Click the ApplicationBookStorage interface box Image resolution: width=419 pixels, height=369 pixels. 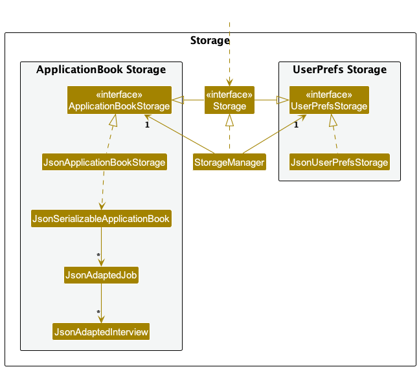click(x=119, y=100)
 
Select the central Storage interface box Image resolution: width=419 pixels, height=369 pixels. click(x=229, y=100)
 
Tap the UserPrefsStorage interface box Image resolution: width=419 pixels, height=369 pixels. click(x=329, y=100)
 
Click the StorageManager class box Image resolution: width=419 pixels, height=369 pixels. click(x=229, y=162)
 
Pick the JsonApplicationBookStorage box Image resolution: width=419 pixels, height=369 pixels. click(x=104, y=162)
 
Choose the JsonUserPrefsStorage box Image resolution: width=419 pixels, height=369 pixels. click(x=339, y=162)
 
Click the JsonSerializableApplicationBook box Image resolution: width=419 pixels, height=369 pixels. click(x=101, y=219)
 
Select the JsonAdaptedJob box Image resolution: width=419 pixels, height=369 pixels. click(x=101, y=275)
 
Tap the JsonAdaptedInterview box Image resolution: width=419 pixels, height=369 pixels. click(x=101, y=331)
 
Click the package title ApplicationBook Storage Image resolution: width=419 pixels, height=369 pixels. click(x=101, y=69)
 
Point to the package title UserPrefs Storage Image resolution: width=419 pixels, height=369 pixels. click(x=339, y=69)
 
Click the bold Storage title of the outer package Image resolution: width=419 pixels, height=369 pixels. click(x=210, y=40)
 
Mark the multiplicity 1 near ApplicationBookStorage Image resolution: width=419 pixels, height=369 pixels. click(x=147, y=125)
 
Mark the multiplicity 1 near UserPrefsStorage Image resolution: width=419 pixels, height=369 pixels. click(x=296, y=125)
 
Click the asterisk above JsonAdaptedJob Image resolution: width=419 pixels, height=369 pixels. click(x=98, y=255)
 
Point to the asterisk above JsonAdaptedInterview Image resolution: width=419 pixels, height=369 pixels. click(x=98, y=312)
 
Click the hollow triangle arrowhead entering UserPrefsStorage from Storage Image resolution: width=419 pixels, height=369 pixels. click(x=283, y=100)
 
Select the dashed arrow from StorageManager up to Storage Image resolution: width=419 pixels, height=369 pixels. click(x=229, y=133)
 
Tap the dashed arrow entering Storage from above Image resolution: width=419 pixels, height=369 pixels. click(x=229, y=54)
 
